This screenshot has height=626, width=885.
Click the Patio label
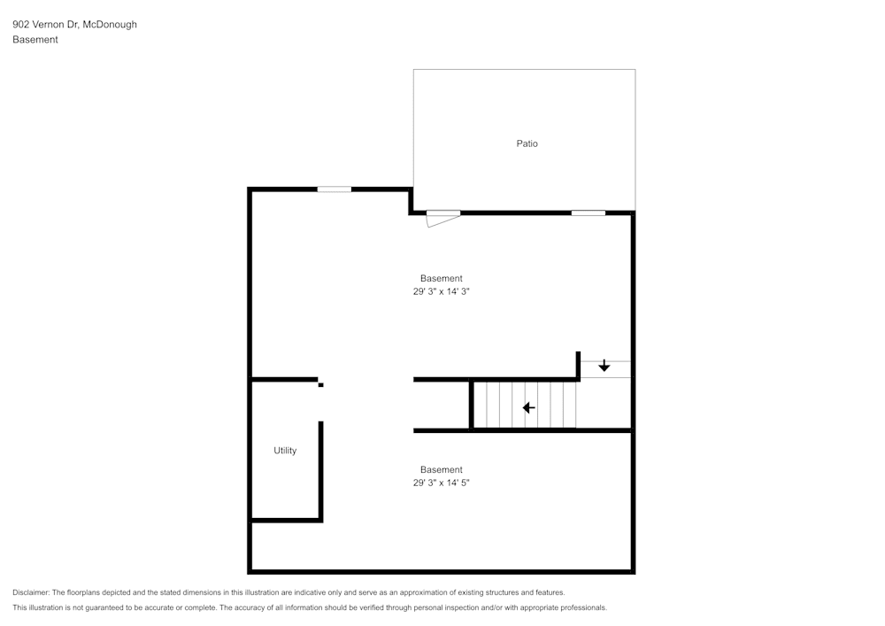point(527,143)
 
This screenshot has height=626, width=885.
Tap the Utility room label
point(285,451)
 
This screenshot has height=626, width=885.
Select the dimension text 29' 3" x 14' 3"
point(441,291)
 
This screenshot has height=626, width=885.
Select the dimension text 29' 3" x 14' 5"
point(441,483)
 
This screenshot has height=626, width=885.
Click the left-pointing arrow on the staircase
point(528,408)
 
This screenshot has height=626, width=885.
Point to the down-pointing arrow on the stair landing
point(604,366)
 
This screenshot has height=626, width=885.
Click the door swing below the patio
point(440,219)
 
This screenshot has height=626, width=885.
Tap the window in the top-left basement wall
point(335,189)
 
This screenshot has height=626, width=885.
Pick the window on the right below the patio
point(588,213)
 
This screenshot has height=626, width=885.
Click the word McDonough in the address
point(110,25)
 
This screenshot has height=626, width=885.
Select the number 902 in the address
point(20,25)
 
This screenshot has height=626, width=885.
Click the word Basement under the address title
point(35,40)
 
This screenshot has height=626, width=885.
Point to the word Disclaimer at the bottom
point(31,592)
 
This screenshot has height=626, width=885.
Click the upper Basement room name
point(441,279)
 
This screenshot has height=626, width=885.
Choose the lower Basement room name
point(441,470)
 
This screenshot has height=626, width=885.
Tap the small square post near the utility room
point(320,385)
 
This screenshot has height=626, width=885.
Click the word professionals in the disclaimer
point(581,608)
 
